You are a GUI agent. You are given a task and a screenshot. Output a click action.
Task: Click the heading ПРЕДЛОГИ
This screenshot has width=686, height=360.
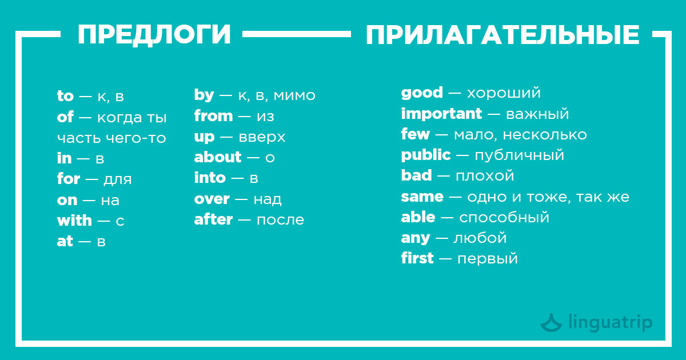click(x=154, y=35)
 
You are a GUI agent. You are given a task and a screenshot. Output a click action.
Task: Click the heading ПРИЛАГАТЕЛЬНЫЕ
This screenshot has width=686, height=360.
click(x=502, y=35)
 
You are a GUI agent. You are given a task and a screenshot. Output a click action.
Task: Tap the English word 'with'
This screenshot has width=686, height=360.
click(x=74, y=221)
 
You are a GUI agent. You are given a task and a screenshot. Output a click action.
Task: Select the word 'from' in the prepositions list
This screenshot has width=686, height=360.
click(x=213, y=116)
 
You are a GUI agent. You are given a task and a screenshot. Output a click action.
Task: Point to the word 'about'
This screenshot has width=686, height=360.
click(x=218, y=157)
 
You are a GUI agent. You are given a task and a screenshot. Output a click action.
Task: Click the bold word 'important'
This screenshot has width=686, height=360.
click(x=441, y=114)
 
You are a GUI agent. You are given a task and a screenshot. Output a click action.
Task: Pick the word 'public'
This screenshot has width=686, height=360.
click(x=426, y=155)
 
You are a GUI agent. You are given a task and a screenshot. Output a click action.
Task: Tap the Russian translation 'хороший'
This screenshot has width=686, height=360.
click(x=504, y=93)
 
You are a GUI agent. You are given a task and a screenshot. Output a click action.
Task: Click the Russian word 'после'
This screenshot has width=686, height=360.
click(x=280, y=220)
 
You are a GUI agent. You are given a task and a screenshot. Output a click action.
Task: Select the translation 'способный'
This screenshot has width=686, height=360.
click(x=504, y=218)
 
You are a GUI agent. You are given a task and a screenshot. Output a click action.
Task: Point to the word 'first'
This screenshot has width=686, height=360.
click(x=417, y=258)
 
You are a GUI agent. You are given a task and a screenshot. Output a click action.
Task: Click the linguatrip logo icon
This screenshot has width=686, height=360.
click(x=551, y=323)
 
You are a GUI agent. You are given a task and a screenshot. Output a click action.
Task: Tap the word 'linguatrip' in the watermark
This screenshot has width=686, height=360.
click(x=611, y=323)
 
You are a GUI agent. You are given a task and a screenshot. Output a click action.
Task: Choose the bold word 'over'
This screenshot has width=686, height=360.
click(x=212, y=199)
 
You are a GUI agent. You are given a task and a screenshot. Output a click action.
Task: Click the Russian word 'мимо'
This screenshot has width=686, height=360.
click(x=294, y=95)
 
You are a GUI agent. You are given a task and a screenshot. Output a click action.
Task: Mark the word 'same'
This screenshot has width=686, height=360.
click(x=422, y=197)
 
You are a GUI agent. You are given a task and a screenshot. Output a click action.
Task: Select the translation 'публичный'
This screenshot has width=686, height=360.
click(x=520, y=155)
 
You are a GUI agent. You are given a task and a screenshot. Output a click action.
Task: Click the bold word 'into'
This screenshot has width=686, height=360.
click(x=210, y=178)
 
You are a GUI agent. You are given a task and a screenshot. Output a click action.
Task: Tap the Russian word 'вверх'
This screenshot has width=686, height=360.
click(x=262, y=137)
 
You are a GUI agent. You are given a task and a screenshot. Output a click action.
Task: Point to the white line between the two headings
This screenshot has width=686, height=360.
click(x=297, y=34)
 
